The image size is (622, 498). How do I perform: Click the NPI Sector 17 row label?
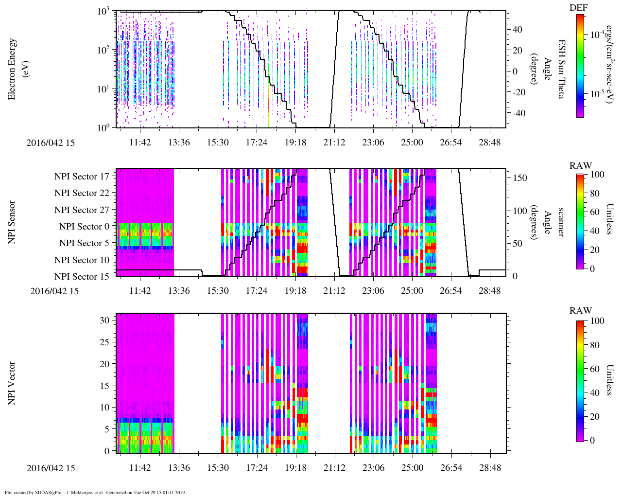[x=82, y=177]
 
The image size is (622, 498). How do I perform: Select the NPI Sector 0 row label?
[x=84, y=227]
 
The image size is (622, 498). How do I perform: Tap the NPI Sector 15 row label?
[x=82, y=277]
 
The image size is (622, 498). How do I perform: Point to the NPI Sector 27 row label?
[x=82, y=210]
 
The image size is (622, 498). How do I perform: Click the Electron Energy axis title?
[x=16, y=69]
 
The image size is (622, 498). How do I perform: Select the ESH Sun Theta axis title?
[x=561, y=69]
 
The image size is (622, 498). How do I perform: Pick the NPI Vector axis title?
[x=12, y=383]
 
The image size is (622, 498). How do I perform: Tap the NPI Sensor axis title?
[x=12, y=222]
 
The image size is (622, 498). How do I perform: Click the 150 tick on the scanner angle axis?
[x=520, y=178]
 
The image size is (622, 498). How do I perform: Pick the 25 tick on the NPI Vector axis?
[x=104, y=342]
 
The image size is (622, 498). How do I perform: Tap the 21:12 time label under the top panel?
[x=334, y=142]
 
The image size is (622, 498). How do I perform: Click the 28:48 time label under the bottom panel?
[x=490, y=468]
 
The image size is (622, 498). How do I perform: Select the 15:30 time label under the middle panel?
[x=218, y=291]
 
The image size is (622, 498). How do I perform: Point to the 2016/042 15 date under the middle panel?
[x=54, y=291]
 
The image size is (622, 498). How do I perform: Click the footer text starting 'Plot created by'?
[x=95, y=493]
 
